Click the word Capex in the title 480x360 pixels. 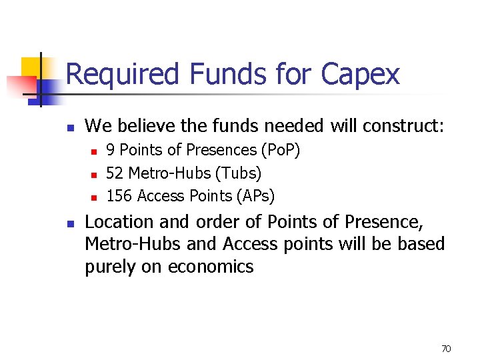361,75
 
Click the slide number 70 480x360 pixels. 447,349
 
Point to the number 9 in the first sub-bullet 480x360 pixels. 111,150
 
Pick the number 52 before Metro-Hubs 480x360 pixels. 115,173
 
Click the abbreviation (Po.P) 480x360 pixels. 281,151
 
